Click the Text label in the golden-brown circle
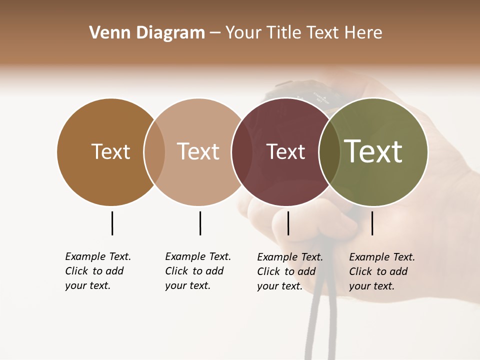tap(110, 151)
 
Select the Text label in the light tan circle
tap(198, 151)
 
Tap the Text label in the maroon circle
tap(285, 152)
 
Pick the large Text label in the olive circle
tap(373, 151)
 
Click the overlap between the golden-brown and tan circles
tap(154, 152)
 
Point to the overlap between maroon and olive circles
tap(329, 152)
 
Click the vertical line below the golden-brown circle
tap(112, 223)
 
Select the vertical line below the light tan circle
tap(200, 223)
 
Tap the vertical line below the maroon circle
tap(288, 223)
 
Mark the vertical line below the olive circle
tap(372, 223)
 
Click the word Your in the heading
tap(243, 33)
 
